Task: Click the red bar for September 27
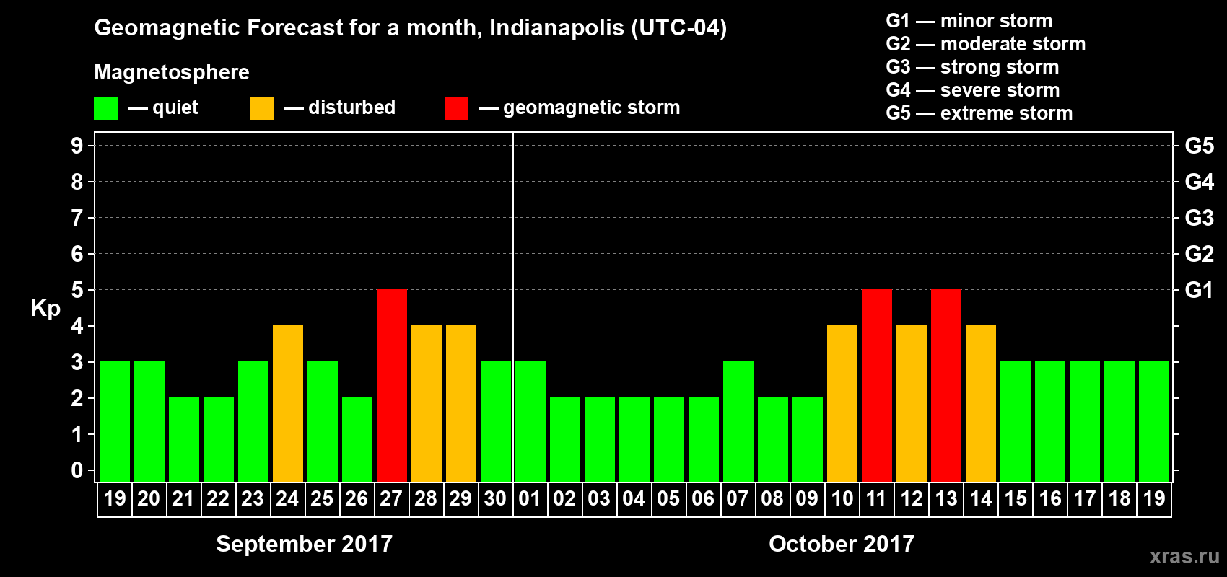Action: [392, 385]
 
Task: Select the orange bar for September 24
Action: [288, 403]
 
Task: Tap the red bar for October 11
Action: [877, 385]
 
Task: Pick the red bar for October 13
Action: [946, 385]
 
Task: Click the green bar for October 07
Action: [738, 421]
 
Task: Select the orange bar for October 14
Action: [981, 403]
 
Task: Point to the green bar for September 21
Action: [184, 439]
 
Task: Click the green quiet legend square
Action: [106, 109]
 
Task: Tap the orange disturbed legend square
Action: [261, 109]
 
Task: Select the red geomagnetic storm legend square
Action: [456, 109]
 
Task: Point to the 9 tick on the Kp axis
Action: [77, 146]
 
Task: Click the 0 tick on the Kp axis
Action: [77, 471]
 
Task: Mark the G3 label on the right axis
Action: [1199, 218]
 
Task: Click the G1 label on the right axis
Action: [1199, 290]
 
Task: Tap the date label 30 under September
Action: [495, 498]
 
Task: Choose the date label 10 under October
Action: [842, 498]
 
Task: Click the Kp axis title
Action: [45, 308]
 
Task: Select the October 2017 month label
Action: [842, 544]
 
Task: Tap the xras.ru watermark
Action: [1184, 556]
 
